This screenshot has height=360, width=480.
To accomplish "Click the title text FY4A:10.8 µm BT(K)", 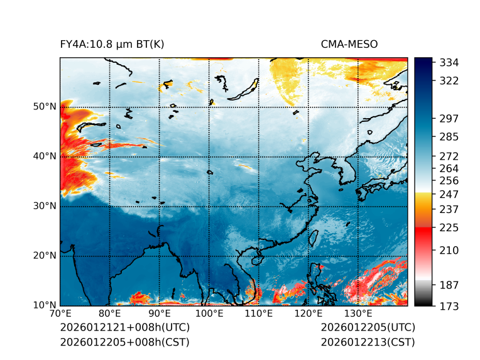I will coord(112,44).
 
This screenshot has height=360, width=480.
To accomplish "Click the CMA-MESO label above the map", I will coord(349,44).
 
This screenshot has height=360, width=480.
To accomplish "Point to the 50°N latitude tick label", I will coord(45,107).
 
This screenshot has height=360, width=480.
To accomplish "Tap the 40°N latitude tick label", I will coord(45,156).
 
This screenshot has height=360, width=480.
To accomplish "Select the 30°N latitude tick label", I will coord(45,206).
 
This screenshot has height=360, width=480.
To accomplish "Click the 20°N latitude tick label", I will coord(45,256).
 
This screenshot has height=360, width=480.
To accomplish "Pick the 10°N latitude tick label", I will coord(45,306).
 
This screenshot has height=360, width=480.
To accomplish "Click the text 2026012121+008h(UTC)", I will coord(125,328).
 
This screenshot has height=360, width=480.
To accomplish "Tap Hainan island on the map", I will coord(255,259).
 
